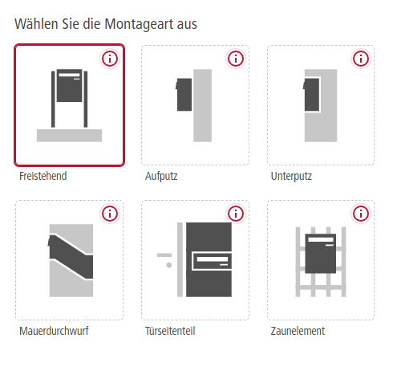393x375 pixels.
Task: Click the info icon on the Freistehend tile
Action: (x=110, y=59)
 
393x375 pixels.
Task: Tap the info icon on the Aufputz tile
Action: (x=236, y=59)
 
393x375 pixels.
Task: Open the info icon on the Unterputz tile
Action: (x=361, y=59)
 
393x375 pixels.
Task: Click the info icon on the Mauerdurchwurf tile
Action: (x=110, y=214)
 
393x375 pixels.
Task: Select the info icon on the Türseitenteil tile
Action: (x=236, y=214)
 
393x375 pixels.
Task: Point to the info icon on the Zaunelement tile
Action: (x=361, y=214)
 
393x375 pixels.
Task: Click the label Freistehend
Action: (x=43, y=176)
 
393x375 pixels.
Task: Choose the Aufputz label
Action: (x=161, y=177)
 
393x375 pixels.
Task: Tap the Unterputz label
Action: (x=291, y=177)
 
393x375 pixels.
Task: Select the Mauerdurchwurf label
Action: (x=54, y=331)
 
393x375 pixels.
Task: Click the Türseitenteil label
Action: (x=170, y=331)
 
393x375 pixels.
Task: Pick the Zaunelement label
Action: (x=298, y=331)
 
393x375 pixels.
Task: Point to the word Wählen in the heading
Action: (x=36, y=24)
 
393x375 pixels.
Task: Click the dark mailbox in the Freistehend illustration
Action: (x=69, y=86)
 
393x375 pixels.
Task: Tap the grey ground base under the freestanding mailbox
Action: (x=69, y=136)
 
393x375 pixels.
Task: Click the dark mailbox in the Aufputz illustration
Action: (x=184, y=95)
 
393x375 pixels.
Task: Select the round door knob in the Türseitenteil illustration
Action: (x=169, y=265)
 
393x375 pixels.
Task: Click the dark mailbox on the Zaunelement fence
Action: (x=321, y=254)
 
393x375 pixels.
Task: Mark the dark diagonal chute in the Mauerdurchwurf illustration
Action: (x=71, y=257)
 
